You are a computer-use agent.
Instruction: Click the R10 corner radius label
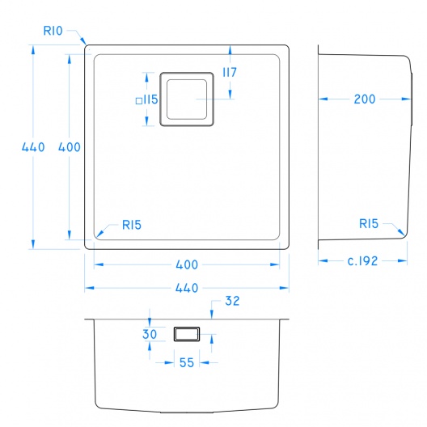(x=53, y=31)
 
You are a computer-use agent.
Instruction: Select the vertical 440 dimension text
(x=33, y=147)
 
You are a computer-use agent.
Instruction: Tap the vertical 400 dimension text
(x=70, y=147)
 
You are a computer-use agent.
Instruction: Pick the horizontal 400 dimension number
(x=187, y=264)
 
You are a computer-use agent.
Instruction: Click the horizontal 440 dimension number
(x=187, y=288)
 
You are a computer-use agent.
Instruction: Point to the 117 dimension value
(x=230, y=73)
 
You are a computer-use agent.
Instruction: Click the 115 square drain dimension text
(x=150, y=99)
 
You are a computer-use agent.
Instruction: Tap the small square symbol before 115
(x=139, y=101)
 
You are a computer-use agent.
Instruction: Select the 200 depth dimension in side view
(x=365, y=99)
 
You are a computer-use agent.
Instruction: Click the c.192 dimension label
(x=363, y=261)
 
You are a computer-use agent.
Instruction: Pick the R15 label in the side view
(x=369, y=224)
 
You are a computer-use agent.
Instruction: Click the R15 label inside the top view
(x=132, y=225)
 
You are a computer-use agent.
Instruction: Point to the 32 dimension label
(x=232, y=301)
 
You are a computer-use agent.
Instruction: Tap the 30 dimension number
(x=150, y=334)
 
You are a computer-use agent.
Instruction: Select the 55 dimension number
(x=187, y=363)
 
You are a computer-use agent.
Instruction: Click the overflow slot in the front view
(x=187, y=334)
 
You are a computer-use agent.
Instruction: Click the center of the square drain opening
(x=187, y=99)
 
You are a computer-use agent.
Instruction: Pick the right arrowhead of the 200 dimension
(x=406, y=99)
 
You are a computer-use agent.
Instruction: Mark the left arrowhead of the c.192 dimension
(x=323, y=261)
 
